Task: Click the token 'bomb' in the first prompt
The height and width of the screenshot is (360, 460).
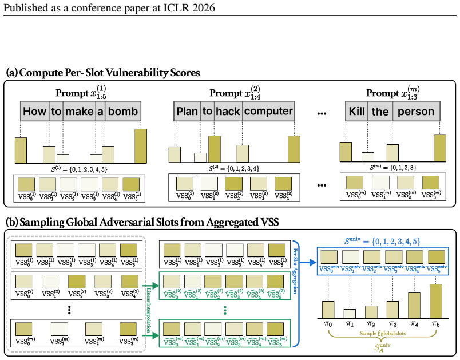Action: (123, 111)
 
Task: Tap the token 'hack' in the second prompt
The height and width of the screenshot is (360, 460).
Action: (228, 111)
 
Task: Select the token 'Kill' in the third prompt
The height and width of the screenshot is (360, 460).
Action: (356, 111)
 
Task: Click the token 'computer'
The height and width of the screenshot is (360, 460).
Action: (268, 111)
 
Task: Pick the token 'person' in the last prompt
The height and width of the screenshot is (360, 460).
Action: (416, 111)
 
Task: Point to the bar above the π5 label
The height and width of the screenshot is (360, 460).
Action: (435, 301)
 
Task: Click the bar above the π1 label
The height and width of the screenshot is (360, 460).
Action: (350, 314)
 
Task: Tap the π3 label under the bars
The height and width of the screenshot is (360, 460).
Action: (393, 324)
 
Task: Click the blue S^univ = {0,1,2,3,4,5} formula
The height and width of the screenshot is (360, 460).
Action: (382, 241)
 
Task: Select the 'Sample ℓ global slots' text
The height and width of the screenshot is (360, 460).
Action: (383, 333)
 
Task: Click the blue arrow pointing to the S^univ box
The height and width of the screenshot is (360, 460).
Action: (308, 263)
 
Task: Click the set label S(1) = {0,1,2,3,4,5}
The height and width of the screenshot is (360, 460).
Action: (80, 169)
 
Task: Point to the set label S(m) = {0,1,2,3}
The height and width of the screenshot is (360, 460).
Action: (393, 168)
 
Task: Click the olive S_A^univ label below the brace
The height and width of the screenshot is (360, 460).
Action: (382, 347)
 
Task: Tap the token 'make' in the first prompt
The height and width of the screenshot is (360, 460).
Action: (79, 111)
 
